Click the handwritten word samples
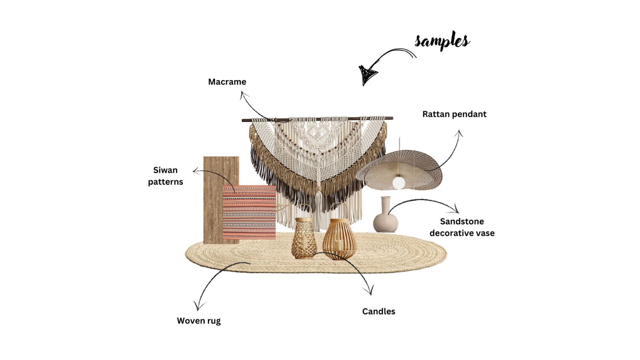click(x=442, y=40)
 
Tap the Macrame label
click(x=227, y=82)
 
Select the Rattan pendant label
click(x=454, y=114)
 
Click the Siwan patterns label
click(x=165, y=176)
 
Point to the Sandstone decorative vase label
click(x=462, y=227)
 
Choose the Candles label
click(x=378, y=312)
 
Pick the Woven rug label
click(x=198, y=321)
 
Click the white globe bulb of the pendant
click(x=398, y=183)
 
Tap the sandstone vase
click(x=386, y=218)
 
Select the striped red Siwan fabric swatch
click(x=249, y=212)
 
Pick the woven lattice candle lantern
click(x=304, y=239)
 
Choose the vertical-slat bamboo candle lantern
click(x=339, y=240)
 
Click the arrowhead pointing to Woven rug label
click(x=198, y=306)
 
